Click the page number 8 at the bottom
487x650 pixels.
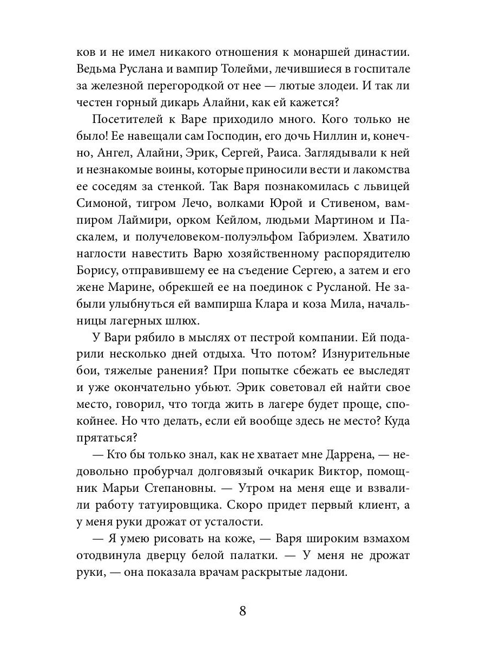(x=243, y=612)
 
